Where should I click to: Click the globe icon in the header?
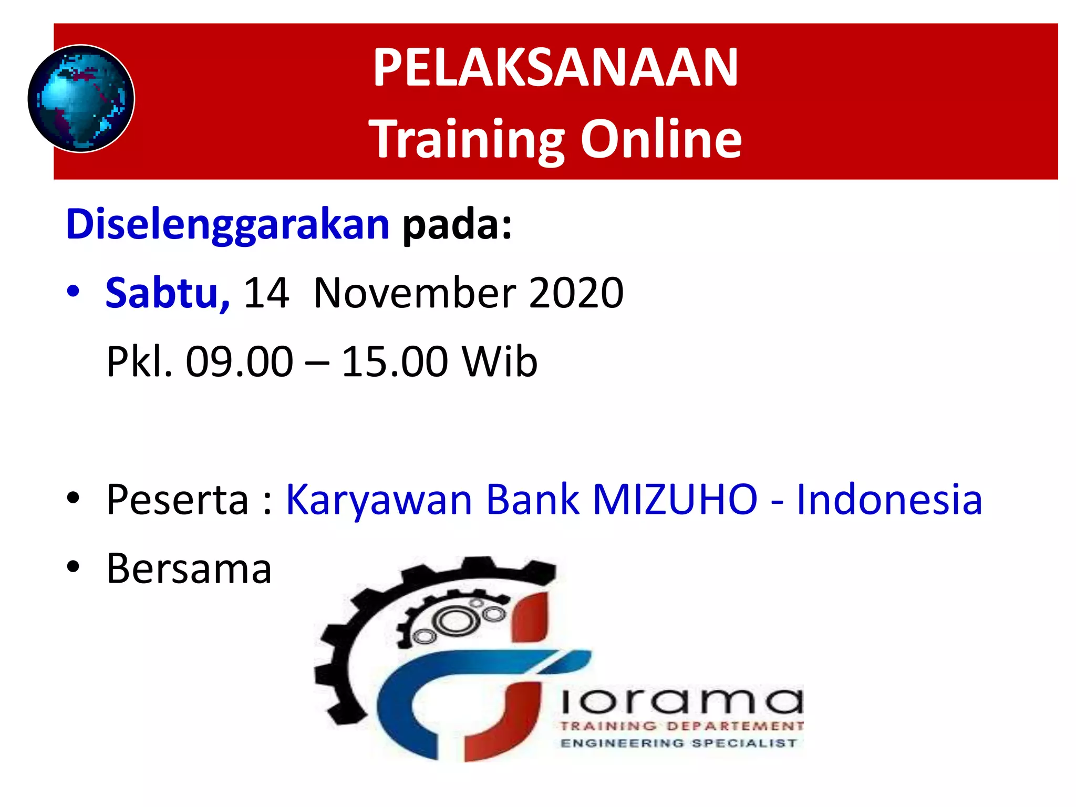click(81, 99)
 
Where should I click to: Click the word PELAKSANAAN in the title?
click(555, 68)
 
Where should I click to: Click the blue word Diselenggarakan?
click(227, 225)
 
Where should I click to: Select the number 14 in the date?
click(266, 293)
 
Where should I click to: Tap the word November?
click(415, 293)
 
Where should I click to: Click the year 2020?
click(576, 293)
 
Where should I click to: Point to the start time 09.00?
click(239, 361)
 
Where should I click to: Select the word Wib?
click(500, 361)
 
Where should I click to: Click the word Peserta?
click(178, 499)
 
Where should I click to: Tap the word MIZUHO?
click(675, 499)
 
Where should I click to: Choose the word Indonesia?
click(889, 499)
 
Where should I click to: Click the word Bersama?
click(189, 568)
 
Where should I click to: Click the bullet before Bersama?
click(73, 567)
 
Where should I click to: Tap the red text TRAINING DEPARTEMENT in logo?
click(681, 726)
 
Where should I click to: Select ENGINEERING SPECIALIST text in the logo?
click(679, 743)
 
